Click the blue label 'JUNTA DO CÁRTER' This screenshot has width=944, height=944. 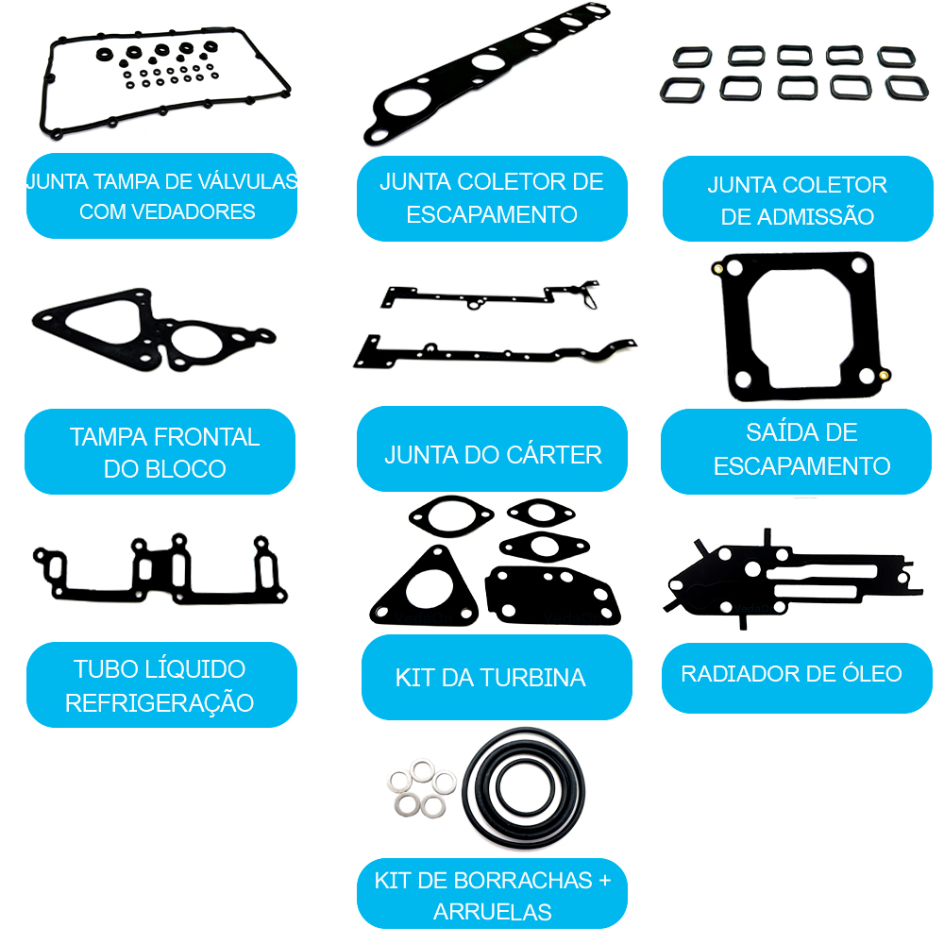492,449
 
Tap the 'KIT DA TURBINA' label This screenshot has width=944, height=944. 497,677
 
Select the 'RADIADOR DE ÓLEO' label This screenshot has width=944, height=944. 797,678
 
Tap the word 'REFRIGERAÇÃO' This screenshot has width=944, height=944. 160,703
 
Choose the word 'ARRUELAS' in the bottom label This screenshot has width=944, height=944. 493,912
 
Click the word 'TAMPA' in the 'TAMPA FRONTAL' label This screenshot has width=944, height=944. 109,437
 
